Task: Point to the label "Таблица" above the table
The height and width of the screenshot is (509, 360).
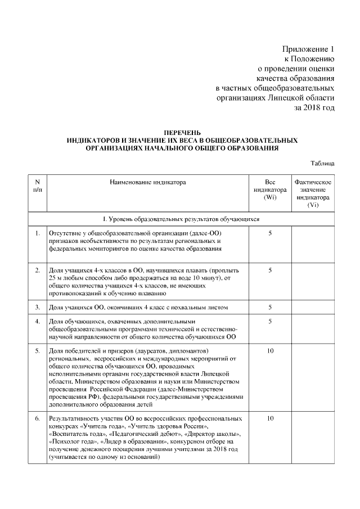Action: click(323, 164)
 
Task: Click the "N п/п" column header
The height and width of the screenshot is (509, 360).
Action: click(38, 186)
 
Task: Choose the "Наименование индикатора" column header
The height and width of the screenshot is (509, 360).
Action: click(147, 182)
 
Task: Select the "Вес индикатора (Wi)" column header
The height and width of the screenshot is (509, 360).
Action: click(270, 190)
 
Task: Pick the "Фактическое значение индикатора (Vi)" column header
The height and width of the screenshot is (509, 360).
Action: click(313, 194)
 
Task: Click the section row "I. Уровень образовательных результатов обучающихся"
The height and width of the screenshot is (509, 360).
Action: click(181, 218)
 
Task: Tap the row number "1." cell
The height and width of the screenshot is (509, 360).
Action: click(38, 232)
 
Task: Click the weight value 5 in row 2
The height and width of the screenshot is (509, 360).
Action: click(270, 271)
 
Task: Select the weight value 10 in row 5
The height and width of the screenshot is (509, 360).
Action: click(270, 351)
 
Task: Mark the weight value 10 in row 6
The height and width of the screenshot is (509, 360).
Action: click(270, 419)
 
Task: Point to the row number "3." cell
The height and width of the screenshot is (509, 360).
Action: click(38, 307)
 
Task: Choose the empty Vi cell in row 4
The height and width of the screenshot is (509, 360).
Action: click(313, 329)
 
